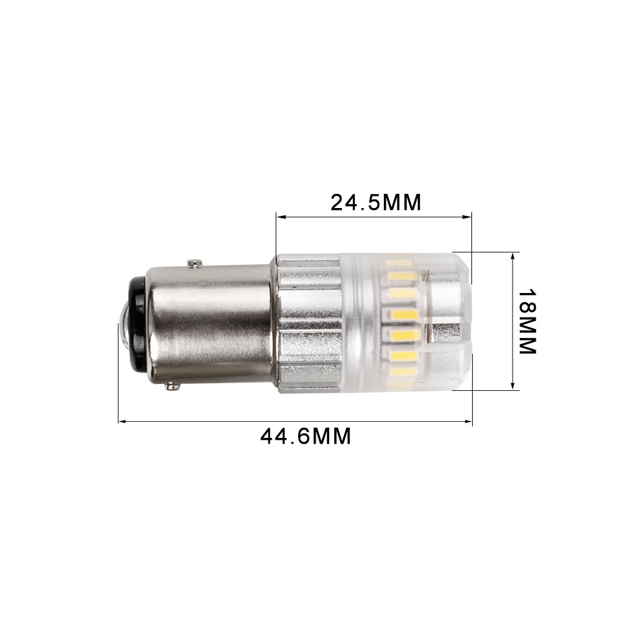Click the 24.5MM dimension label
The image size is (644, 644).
pyautogui.click(x=375, y=202)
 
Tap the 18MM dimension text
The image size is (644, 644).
pyautogui.click(x=527, y=320)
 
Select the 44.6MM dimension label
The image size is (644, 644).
pyautogui.click(x=306, y=437)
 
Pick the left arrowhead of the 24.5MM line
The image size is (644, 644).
pyautogui.click(x=279, y=218)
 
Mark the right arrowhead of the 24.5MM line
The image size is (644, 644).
pyautogui.click(x=468, y=218)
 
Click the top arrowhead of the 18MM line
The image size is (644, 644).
pyautogui.click(x=513, y=255)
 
